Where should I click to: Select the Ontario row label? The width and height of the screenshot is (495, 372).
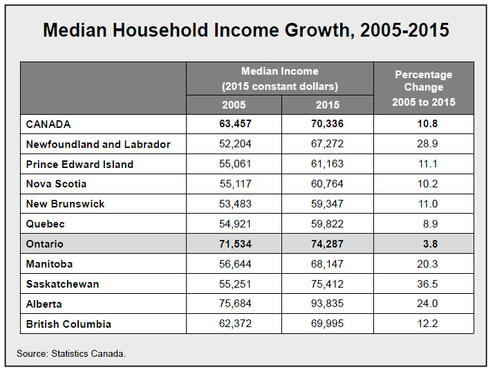(44, 244)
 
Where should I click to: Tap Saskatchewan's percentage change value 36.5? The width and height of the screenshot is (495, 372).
(427, 284)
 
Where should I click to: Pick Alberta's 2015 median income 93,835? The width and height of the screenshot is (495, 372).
(327, 304)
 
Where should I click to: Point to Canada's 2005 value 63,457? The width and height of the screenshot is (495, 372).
(235, 124)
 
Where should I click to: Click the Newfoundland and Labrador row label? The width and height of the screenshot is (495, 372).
(98, 145)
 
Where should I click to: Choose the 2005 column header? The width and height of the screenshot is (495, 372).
(234, 105)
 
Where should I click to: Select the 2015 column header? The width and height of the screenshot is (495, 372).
(328, 105)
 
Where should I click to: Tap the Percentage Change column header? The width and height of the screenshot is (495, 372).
(424, 88)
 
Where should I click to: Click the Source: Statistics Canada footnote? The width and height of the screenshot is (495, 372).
(71, 353)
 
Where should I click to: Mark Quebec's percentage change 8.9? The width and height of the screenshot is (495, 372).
(430, 224)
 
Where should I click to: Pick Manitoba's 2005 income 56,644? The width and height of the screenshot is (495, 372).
(235, 264)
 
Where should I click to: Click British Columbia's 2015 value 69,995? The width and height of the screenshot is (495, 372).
(327, 324)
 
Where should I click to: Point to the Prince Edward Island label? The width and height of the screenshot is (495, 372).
(80, 164)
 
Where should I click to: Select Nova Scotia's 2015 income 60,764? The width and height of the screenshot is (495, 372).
(327, 184)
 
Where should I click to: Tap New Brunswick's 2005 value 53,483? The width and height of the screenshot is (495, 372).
(235, 204)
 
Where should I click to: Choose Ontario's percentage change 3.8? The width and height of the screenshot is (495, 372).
(430, 244)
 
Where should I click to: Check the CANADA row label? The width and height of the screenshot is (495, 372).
(48, 124)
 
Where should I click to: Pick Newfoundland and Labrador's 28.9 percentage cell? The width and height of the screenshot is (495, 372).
(427, 144)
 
